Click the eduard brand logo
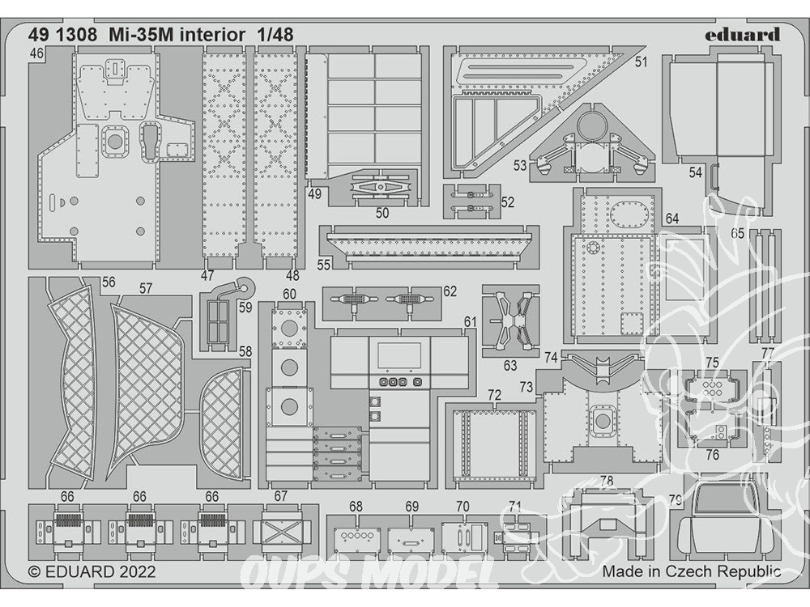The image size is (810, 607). pos(743,35)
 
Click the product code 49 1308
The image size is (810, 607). pos(62,35)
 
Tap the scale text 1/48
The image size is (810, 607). pos(275,35)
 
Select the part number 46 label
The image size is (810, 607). pos(36,53)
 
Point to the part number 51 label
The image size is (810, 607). pos(641,62)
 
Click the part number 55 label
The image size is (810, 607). pos(324,265)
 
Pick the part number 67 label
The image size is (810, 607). pos(280,496)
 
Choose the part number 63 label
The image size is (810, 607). pos(509,366)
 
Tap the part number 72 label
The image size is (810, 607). pos(494,396)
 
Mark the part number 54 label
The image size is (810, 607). pos(695,172)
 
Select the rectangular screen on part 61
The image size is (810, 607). pos(399,354)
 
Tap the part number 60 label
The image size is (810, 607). pos(289,295)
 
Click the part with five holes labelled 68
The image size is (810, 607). pos(355,537)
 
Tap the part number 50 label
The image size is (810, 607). pos(382,213)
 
